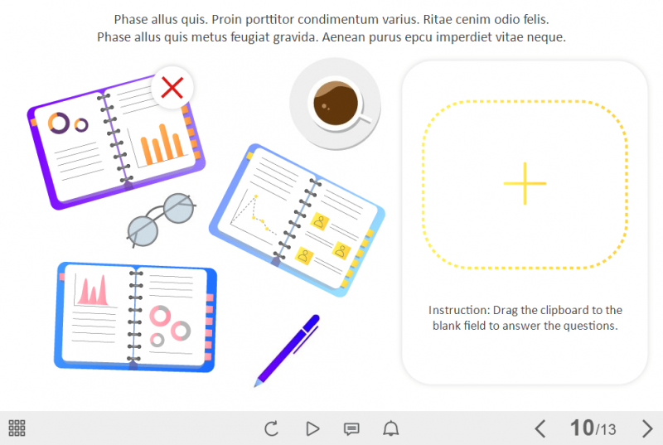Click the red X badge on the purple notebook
tap(172, 87)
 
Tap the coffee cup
tap(336, 104)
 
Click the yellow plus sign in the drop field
tap(525, 183)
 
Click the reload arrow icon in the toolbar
tap(271, 428)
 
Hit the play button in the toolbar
tap(312, 428)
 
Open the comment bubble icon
tap(351, 428)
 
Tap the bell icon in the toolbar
tap(390, 428)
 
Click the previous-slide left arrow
tap(540, 428)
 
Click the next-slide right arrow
tap(647, 428)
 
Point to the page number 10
tap(582, 428)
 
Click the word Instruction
tap(458, 310)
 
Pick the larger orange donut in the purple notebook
tap(59, 123)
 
